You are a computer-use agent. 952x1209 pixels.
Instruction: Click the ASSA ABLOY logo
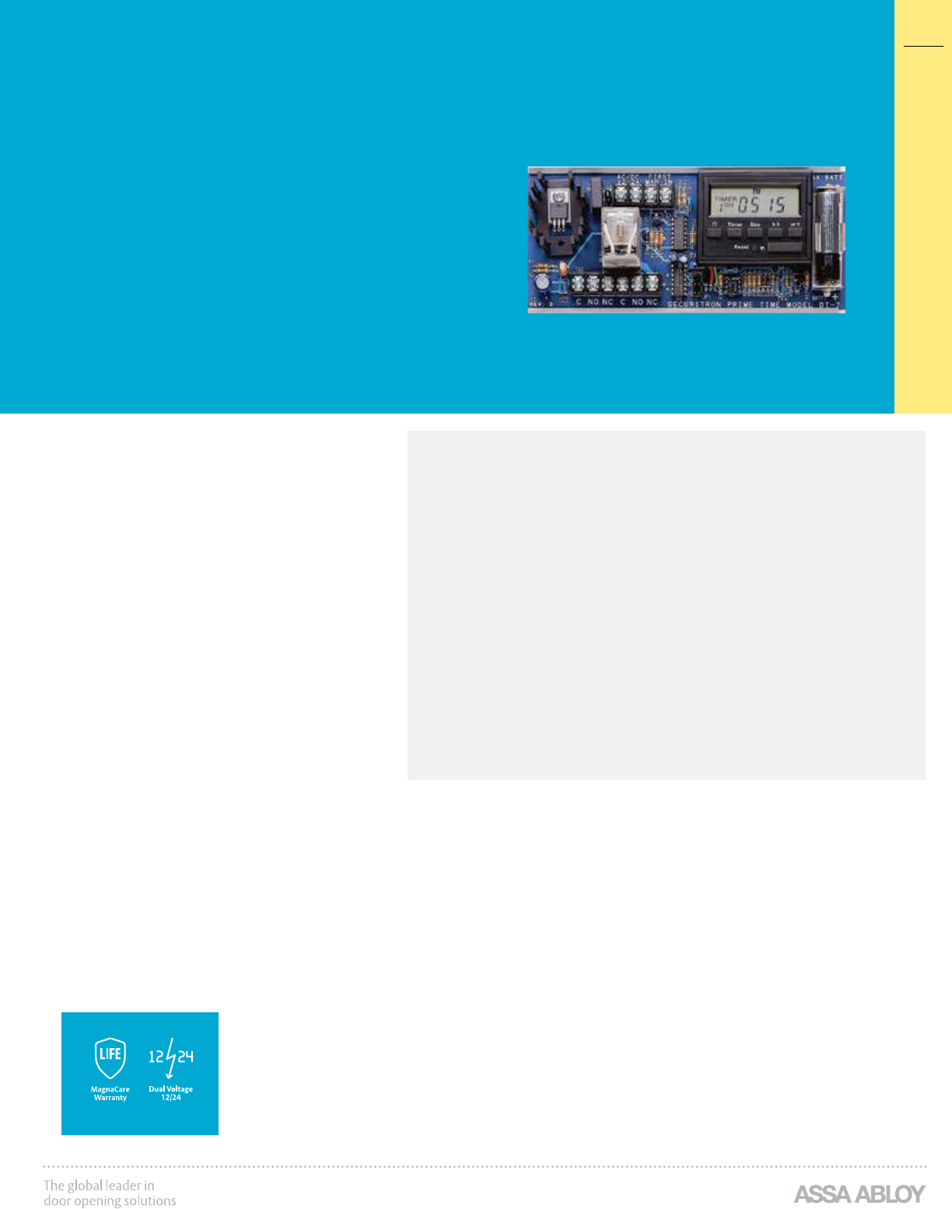[859, 1194]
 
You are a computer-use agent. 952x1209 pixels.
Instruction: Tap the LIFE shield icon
[110, 1057]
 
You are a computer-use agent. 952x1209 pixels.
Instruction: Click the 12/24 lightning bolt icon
[170, 1057]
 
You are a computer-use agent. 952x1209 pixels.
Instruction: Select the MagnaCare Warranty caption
[110, 1093]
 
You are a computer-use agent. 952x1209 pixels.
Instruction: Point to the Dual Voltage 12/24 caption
[170, 1093]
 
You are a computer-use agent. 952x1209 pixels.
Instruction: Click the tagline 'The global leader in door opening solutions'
[110, 1193]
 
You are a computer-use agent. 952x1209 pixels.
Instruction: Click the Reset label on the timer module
[741, 247]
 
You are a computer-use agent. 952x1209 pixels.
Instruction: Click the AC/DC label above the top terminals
[628, 178]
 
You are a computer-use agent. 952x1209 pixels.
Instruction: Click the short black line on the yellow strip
[923, 46]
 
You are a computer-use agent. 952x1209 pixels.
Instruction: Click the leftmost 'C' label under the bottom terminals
[579, 302]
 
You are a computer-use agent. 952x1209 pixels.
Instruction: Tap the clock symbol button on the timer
[714, 225]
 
